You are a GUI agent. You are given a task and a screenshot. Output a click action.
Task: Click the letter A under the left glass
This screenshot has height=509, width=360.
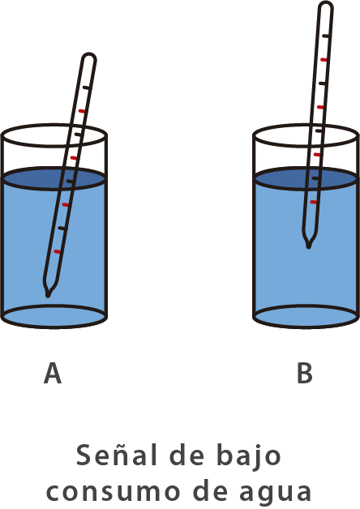pyautogui.click(x=53, y=373)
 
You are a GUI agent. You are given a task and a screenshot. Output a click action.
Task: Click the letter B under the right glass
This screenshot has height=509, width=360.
pyautogui.click(x=305, y=373)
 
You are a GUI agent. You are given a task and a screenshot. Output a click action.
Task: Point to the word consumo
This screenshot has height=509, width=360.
pyautogui.click(x=113, y=491)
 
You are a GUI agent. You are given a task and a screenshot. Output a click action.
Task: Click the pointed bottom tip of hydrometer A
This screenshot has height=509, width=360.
pyautogui.click(x=48, y=296)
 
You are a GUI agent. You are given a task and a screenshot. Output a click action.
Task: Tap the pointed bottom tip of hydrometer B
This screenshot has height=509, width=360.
pyautogui.click(x=308, y=247)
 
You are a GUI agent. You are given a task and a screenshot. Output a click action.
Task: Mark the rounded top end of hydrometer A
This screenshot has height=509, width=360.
pyautogui.click(x=89, y=54)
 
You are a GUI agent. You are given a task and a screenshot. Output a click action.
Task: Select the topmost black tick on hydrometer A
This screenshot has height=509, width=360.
pyautogui.click(x=86, y=88)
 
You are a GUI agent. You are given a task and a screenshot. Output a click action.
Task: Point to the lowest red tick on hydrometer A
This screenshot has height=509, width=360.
pyautogui.click(x=57, y=251)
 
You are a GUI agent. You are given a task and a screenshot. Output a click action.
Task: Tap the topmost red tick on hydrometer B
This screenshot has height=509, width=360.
pyautogui.click(x=324, y=60)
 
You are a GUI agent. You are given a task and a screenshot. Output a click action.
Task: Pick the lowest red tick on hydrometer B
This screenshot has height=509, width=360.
pyautogui.click(x=313, y=202)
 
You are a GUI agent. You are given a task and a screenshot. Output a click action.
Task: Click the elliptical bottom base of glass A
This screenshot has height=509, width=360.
pyautogui.click(x=54, y=316)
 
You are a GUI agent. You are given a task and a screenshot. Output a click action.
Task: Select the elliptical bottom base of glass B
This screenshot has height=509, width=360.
pyautogui.click(x=306, y=316)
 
